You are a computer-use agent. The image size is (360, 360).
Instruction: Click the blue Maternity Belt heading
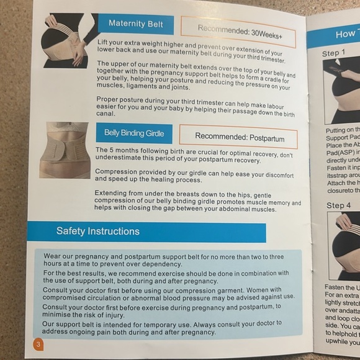tap(135, 24)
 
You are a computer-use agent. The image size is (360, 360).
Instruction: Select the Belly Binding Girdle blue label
tap(133, 133)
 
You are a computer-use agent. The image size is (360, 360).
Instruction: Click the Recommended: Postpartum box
tap(238, 136)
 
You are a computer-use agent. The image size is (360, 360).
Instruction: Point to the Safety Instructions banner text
tap(98, 232)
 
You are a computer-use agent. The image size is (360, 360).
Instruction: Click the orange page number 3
tap(38, 344)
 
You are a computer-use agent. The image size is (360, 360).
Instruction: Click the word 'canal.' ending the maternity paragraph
tap(106, 114)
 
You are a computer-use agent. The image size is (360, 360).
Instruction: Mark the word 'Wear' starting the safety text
tap(53, 256)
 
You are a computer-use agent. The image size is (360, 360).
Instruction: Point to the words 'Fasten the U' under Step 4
tap(342, 287)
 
